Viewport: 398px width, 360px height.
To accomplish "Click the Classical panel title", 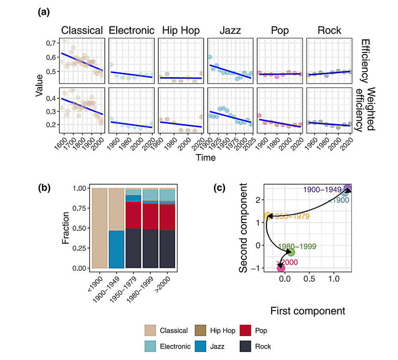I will [82, 30].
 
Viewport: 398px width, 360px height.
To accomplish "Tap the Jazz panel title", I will [230, 30].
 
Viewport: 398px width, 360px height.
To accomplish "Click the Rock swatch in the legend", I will [250, 346].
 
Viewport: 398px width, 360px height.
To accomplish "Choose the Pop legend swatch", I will [250, 330].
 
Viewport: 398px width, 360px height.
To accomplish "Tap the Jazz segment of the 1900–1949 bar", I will [118, 249].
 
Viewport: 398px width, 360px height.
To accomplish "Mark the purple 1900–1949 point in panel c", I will [348, 189].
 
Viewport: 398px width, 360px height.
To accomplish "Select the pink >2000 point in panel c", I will [281, 268].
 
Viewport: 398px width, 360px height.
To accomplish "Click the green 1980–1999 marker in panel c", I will [291, 252].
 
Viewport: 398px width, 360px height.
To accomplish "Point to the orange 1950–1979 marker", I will [268, 217].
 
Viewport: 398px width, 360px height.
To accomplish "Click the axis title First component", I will [308, 311].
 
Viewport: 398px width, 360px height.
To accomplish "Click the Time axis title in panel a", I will [206, 158].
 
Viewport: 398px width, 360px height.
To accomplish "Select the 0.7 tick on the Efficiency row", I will [51, 42].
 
